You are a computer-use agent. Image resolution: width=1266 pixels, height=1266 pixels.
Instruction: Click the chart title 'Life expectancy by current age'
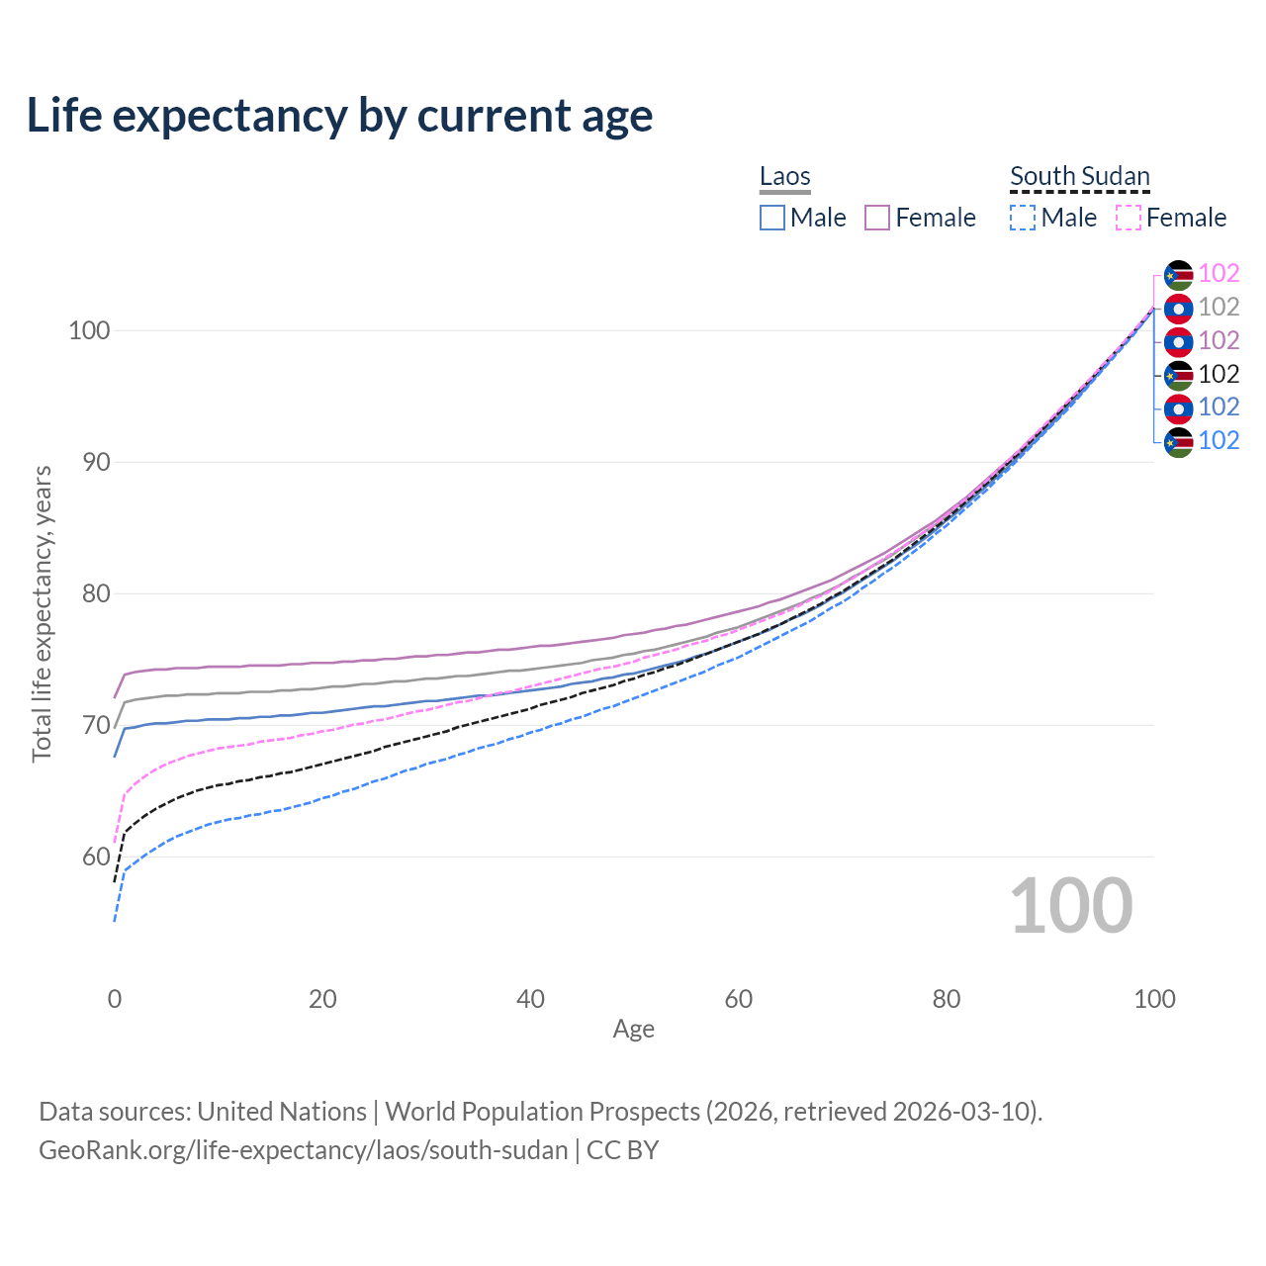pos(339,116)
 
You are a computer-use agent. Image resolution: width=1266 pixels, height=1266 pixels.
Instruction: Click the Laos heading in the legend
pos(784,177)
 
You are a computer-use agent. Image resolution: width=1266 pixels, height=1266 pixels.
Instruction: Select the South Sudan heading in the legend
pos(1079,177)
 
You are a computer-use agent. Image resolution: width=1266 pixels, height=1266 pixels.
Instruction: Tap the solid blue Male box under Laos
pos(772,218)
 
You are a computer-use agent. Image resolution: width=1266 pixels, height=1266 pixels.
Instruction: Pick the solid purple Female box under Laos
pos(877,218)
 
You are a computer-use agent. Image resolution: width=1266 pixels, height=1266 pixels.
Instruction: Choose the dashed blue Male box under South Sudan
pos(1023,218)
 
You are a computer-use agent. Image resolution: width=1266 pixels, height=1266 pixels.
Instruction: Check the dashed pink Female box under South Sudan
pos(1129,218)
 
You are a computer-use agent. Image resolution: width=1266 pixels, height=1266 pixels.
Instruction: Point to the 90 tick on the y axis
pos(89,462)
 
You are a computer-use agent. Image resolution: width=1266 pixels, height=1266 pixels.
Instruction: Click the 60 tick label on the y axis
pos(89,857)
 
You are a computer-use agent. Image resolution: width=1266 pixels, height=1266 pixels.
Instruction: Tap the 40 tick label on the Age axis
pos(530,999)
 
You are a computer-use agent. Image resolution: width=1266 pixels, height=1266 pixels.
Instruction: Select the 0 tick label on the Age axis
pos(115,999)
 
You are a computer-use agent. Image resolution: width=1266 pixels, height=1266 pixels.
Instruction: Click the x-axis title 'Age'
pos(633,1030)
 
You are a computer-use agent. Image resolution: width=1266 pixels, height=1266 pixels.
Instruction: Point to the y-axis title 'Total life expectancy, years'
pos(42,614)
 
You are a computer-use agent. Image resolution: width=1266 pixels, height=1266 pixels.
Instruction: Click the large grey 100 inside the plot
pos(1070,906)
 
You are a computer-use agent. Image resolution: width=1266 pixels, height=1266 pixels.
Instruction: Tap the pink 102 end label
pos(1219,274)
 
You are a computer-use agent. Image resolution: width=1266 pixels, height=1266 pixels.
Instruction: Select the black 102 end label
pos(1219,374)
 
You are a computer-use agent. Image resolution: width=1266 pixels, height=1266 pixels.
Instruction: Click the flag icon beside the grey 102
pos(1178,308)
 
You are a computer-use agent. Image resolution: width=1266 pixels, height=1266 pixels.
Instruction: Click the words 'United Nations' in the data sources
pos(282,1112)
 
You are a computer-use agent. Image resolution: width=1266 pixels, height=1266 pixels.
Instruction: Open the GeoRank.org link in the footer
pos(303,1150)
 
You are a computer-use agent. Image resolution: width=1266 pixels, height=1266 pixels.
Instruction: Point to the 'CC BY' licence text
pos(622,1150)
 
